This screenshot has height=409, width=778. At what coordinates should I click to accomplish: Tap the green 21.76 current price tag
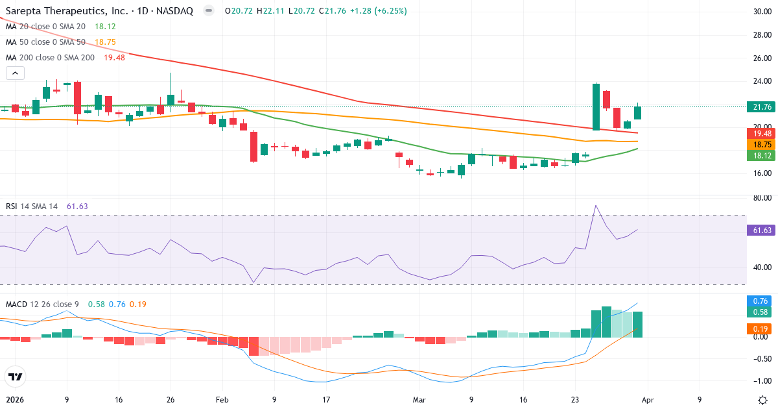pyautogui.click(x=759, y=107)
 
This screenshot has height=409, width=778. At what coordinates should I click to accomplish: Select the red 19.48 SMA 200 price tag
pyautogui.click(x=759, y=132)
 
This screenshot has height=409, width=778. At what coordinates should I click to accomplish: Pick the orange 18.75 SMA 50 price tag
pyautogui.click(x=759, y=144)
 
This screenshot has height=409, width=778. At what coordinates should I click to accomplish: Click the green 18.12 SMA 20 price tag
pyautogui.click(x=759, y=156)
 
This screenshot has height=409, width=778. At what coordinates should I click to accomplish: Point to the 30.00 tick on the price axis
pyautogui.click(x=758, y=12)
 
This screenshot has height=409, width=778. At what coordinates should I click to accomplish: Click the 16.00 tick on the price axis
pyautogui.click(x=758, y=173)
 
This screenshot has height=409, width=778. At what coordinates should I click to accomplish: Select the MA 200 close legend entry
pyautogui.click(x=50, y=57)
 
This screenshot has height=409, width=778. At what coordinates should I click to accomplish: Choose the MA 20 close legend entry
pyautogui.click(x=45, y=27)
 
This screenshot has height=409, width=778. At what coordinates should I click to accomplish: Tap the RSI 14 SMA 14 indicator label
pyautogui.click(x=32, y=206)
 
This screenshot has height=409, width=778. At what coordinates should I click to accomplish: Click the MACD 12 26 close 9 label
pyautogui.click(x=43, y=304)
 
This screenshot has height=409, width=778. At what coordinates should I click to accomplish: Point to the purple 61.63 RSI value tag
pyautogui.click(x=759, y=230)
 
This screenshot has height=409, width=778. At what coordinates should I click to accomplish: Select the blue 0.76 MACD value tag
pyautogui.click(x=759, y=301)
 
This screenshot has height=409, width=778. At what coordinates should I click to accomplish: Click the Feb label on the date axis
pyautogui.click(x=222, y=400)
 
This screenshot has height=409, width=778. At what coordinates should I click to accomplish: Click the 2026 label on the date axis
pyautogui.click(x=14, y=400)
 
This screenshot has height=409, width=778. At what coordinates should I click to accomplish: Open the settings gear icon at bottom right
pyautogui.click(x=762, y=399)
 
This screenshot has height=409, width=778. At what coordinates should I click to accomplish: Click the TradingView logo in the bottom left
pyautogui.click(x=16, y=377)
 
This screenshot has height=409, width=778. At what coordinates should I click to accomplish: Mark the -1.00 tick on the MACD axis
pyautogui.click(x=758, y=381)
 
